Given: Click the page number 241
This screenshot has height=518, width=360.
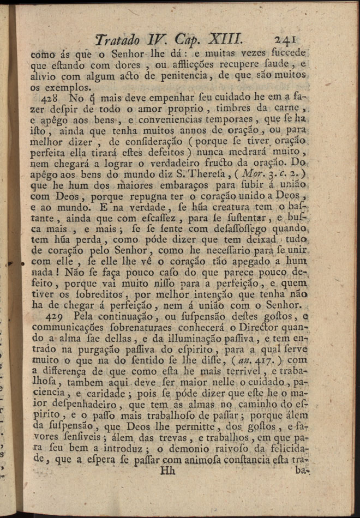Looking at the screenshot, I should click(x=285, y=39).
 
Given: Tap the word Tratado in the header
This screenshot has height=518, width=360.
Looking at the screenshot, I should click(x=117, y=40).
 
